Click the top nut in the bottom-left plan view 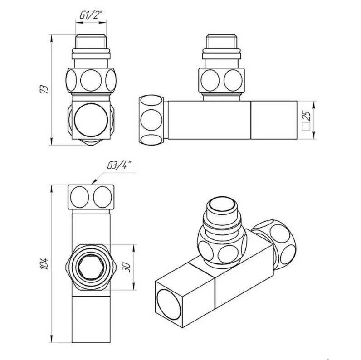92,196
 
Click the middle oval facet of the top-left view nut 92,80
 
